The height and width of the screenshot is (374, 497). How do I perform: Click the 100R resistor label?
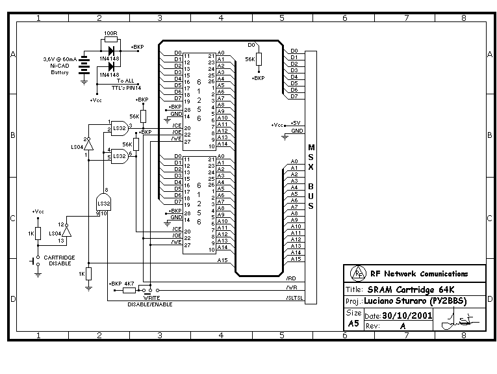click(110, 33)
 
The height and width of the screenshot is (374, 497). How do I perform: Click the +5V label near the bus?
click(296, 123)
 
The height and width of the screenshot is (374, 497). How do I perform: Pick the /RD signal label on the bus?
click(291, 278)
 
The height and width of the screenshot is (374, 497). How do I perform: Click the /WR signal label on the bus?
click(291, 287)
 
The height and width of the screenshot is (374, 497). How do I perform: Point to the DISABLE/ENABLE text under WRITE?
click(150, 304)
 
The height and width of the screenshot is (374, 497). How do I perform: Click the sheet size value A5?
click(353, 323)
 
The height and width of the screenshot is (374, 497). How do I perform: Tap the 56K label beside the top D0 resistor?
click(249, 59)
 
